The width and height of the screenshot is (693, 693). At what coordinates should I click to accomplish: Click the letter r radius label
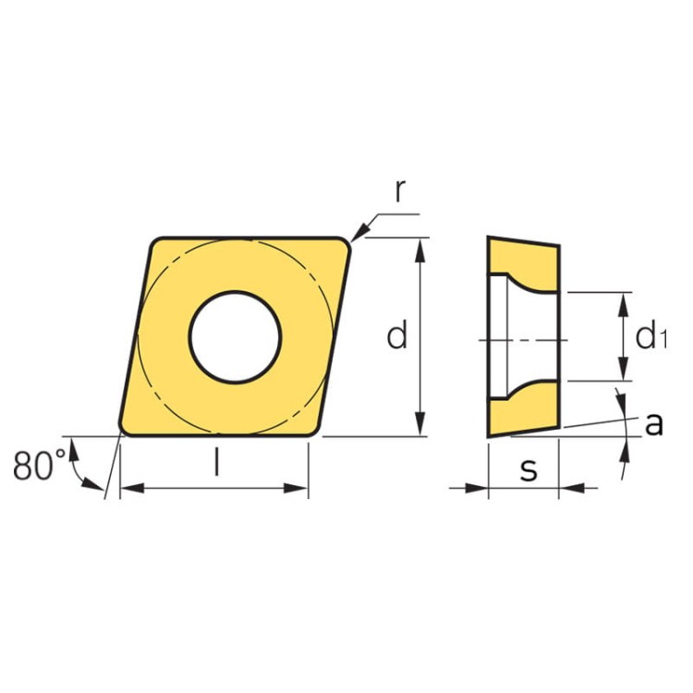(400, 191)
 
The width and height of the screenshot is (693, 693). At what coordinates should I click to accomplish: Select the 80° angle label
(39, 466)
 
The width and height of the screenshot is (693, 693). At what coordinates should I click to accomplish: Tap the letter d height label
(396, 335)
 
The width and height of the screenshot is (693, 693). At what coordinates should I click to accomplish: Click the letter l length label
(216, 461)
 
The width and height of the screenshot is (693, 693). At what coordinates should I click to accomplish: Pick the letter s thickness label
(529, 468)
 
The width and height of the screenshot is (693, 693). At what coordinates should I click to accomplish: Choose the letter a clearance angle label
(654, 424)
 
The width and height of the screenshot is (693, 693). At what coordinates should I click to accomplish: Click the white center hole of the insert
(235, 337)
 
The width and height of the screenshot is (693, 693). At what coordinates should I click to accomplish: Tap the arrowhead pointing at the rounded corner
(360, 232)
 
